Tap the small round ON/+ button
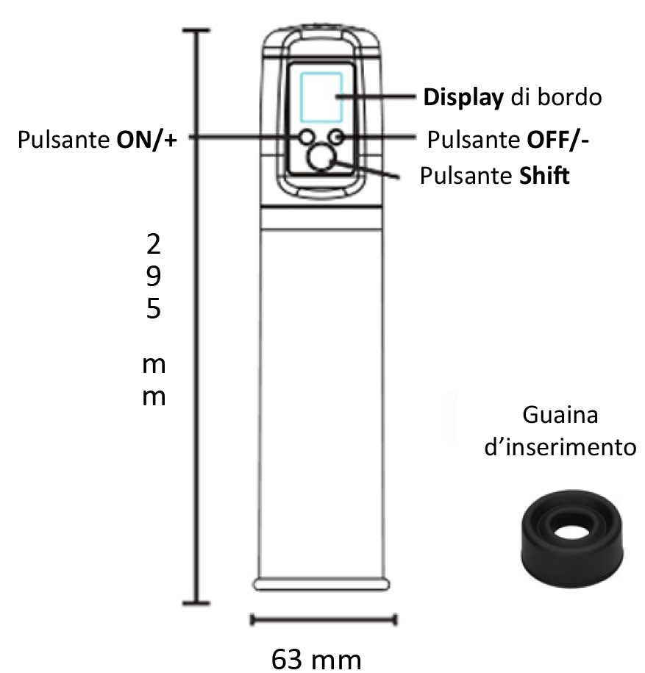pyautogui.click(x=306, y=137)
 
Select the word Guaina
pyautogui.click(x=560, y=415)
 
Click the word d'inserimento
pyautogui.click(x=560, y=446)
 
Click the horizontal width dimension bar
pyautogui.click(x=323, y=619)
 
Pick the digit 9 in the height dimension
pyautogui.click(x=153, y=275)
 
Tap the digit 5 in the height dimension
pyautogui.click(x=153, y=308)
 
